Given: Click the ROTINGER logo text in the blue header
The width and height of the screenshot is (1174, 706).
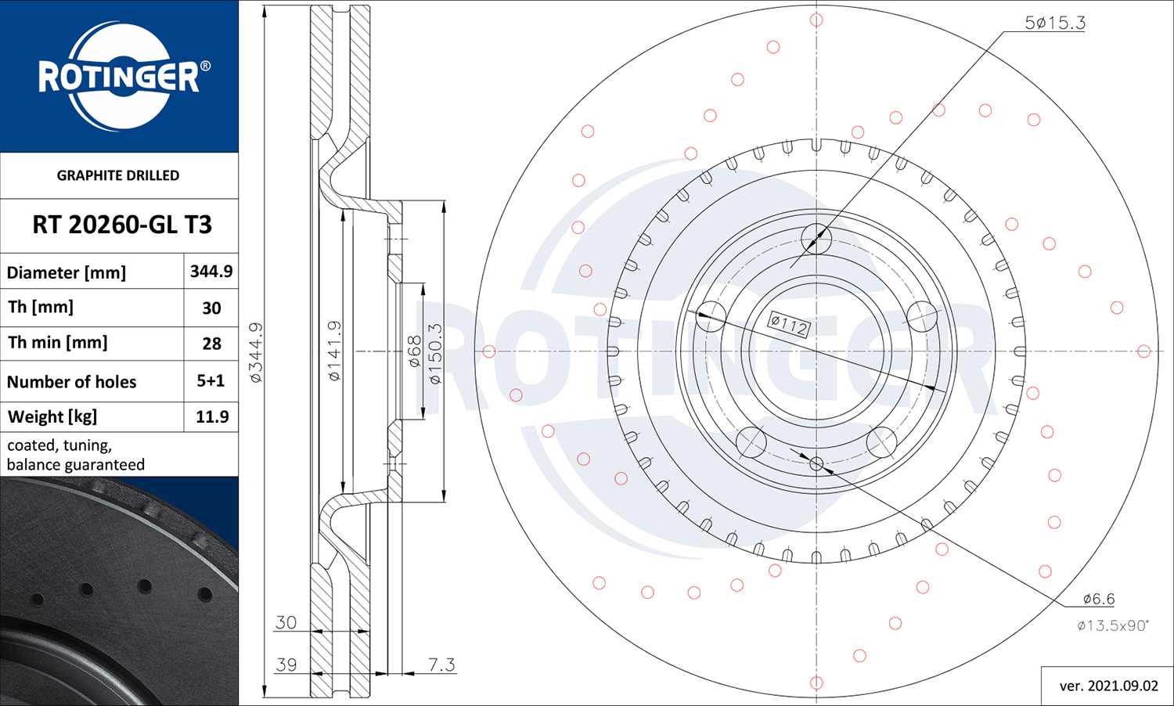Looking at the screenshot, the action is click(x=119, y=77).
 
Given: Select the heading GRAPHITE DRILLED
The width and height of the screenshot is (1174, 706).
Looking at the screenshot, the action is click(x=118, y=175).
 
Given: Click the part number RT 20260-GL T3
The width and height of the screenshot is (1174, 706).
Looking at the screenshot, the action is click(x=122, y=225).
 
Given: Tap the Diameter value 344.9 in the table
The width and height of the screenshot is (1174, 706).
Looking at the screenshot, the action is click(x=211, y=271).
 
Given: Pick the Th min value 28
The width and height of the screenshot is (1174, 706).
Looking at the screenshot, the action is click(x=212, y=344).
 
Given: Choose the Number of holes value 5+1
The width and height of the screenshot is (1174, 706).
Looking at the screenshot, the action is click(x=211, y=380).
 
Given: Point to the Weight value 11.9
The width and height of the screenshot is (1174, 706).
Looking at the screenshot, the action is click(x=212, y=416).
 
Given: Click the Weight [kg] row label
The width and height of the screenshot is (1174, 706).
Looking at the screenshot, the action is click(x=52, y=417).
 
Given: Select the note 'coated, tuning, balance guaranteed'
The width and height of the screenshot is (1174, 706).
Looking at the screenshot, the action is click(x=76, y=455).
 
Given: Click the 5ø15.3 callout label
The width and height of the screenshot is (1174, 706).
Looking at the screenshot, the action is click(x=1055, y=23).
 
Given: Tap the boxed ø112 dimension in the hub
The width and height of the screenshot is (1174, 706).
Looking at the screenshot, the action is click(x=789, y=325).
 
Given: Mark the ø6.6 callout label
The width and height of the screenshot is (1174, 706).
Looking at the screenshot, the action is click(x=1099, y=599).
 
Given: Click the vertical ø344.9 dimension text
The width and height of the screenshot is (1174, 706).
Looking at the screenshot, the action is click(x=256, y=352).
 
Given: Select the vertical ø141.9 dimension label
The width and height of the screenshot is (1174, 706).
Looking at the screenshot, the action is click(x=334, y=351).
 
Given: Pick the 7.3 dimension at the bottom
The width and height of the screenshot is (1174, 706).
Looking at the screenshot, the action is click(x=441, y=665).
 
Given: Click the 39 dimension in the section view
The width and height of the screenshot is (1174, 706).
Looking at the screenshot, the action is click(x=286, y=665).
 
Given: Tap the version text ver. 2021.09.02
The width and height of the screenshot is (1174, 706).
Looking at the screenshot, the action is click(x=1108, y=686).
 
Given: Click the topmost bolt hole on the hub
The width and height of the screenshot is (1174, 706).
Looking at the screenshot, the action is click(x=816, y=239).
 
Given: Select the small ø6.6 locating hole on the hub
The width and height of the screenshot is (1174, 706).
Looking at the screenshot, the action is click(x=816, y=463).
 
